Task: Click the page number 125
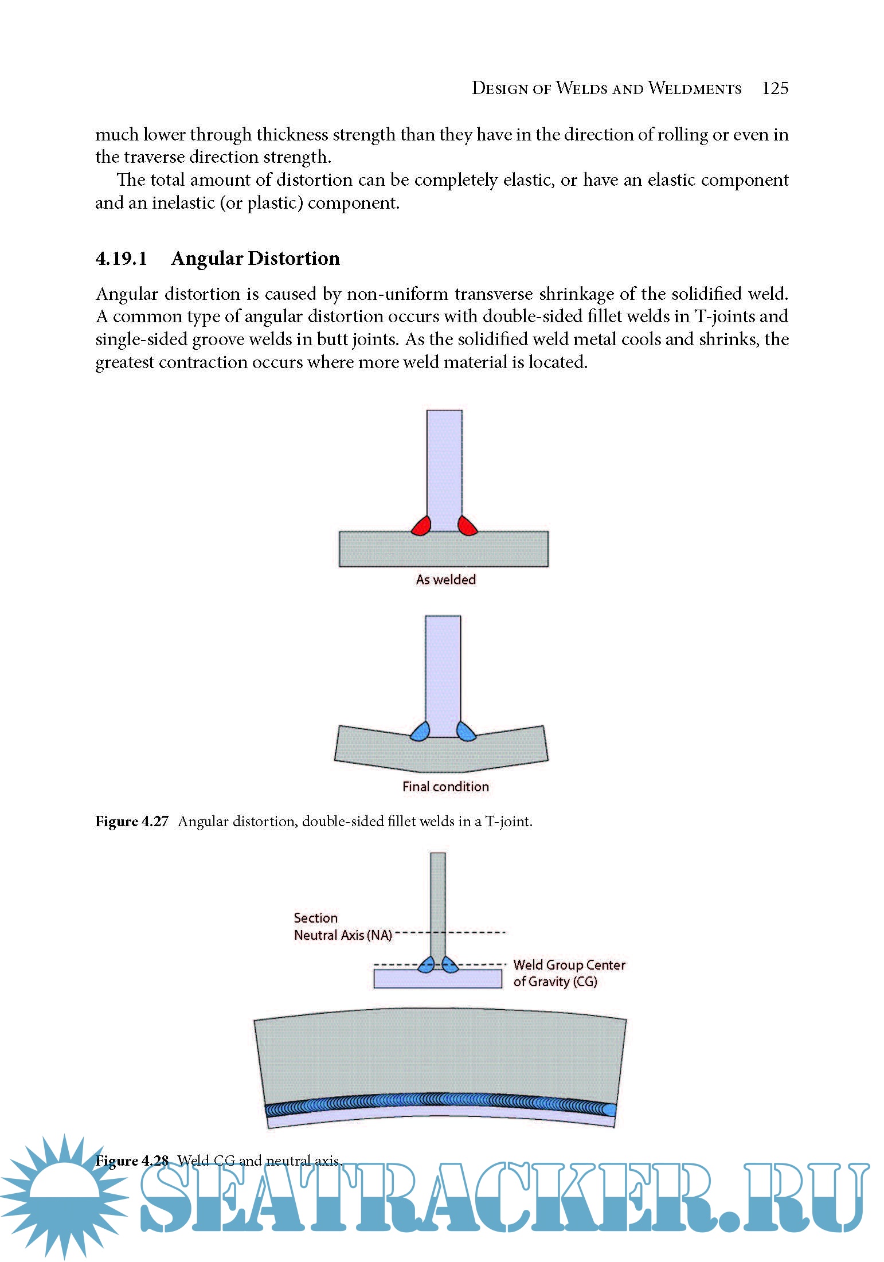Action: pos(775,88)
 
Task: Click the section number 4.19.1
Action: pos(121,259)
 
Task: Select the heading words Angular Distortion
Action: pos(255,259)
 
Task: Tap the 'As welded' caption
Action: pos(445,580)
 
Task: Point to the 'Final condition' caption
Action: pos(445,787)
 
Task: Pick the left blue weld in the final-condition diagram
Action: pos(421,732)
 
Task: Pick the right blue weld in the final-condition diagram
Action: pos(466,732)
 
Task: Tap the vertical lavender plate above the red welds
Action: pos(444,464)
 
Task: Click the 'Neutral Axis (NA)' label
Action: pos(343,935)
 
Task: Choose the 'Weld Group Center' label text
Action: pos(569,965)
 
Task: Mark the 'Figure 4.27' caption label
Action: pos(132,822)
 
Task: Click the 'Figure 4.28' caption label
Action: pos(132,1161)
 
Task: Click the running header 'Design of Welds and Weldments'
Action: pos(606,88)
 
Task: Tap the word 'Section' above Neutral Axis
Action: pos(315,918)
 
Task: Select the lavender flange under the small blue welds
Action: pos(437,979)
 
